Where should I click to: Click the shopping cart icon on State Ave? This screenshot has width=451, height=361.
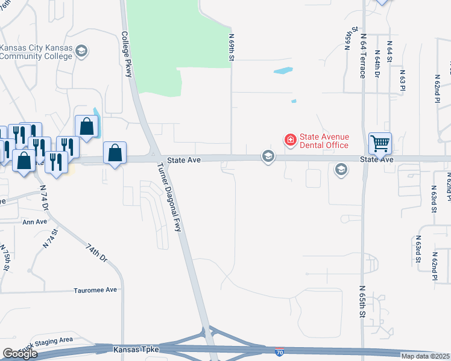(x=380, y=143)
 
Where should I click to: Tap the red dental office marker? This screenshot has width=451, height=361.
(x=290, y=140)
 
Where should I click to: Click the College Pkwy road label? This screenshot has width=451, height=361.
(x=127, y=54)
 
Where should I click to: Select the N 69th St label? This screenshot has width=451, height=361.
(x=231, y=46)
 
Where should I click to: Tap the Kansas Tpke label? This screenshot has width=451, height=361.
(x=130, y=349)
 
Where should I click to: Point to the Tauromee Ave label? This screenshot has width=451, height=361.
(x=95, y=289)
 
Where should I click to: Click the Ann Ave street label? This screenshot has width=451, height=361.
(x=34, y=222)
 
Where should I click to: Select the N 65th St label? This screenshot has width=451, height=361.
(x=363, y=301)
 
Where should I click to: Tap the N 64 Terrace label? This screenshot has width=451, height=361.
(x=363, y=57)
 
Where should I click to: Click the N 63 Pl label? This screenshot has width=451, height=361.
(x=402, y=80)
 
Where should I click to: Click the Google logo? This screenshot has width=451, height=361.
(x=20, y=354)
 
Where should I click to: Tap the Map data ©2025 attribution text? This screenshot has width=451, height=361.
(x=425, y=356)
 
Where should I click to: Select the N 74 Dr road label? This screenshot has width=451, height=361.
(x=44, y=197)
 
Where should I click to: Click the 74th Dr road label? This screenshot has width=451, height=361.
(x=96, y=252)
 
